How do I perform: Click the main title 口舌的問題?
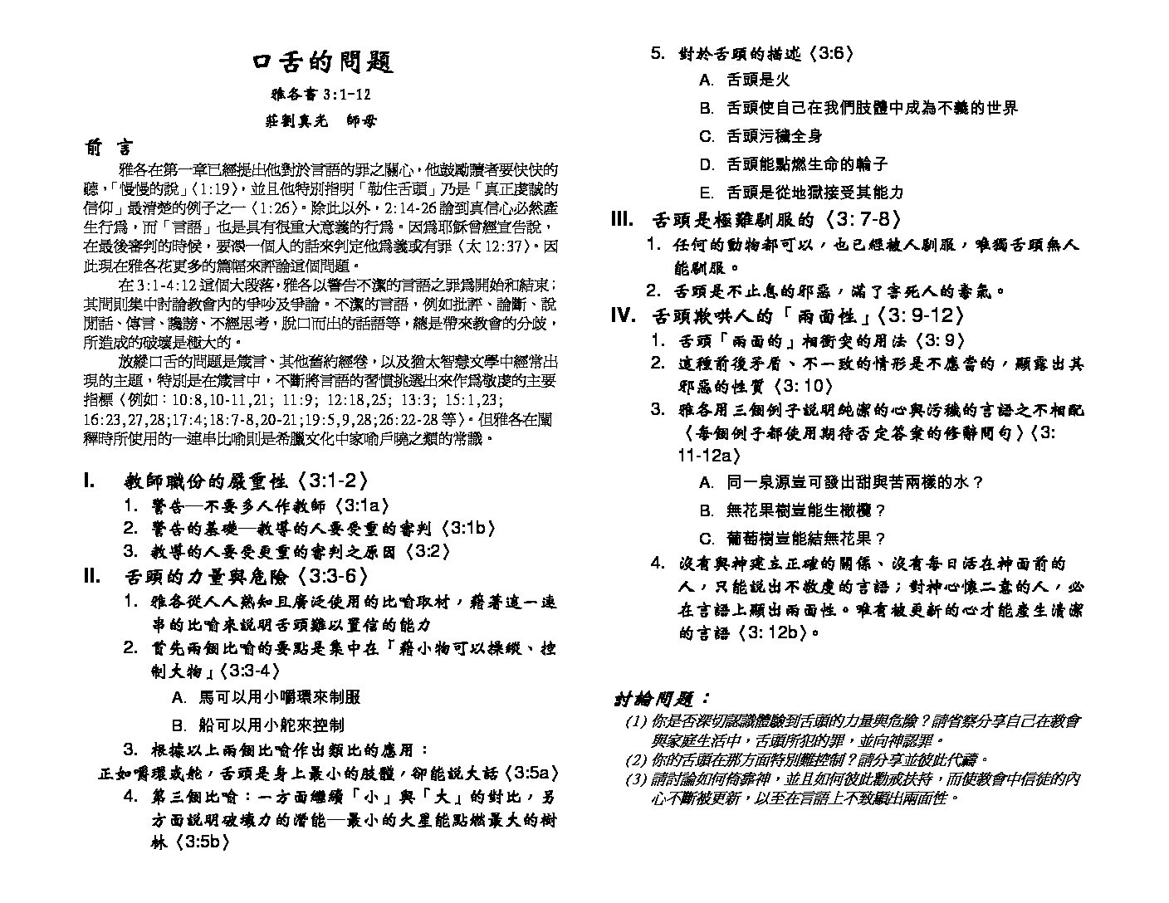(322, 62)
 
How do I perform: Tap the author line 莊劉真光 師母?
(321, 120)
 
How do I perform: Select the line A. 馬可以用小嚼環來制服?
(266, 697)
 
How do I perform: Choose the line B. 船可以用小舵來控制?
(257, 725)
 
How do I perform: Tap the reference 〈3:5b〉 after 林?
(202, 843)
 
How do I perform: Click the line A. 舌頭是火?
(745, 80)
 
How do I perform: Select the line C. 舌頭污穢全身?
(761, 135)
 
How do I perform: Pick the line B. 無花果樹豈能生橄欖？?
(793, 510)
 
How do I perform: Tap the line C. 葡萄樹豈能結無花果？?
(793, 538)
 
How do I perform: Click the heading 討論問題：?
(662, 699)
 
